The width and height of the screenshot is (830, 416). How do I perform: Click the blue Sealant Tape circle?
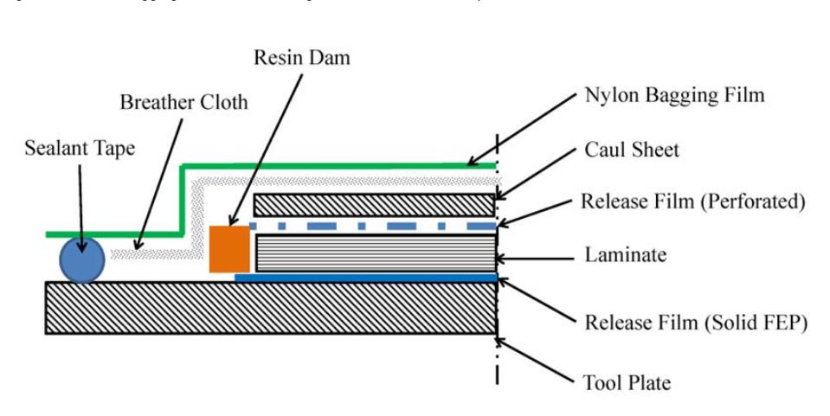[x=82, y=259]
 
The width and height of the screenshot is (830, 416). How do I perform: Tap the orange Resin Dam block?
[x=229, y=249]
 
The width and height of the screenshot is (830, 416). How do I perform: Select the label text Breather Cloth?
[x=183, y=102]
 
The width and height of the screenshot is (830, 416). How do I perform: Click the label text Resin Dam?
[x=302, y=57]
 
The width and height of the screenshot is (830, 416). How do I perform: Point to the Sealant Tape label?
[x=80, y=148]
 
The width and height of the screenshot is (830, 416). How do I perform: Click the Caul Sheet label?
[x=632, y=150]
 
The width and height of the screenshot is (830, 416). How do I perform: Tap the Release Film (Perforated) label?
[x=692, y=202]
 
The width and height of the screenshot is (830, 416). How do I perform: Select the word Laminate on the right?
[x=626, y=255]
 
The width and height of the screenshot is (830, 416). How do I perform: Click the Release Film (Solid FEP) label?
[x=696, y=323]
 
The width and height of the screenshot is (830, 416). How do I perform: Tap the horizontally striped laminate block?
[x=374, y=253]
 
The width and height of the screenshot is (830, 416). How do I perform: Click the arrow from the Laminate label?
[x=537, y=257]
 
